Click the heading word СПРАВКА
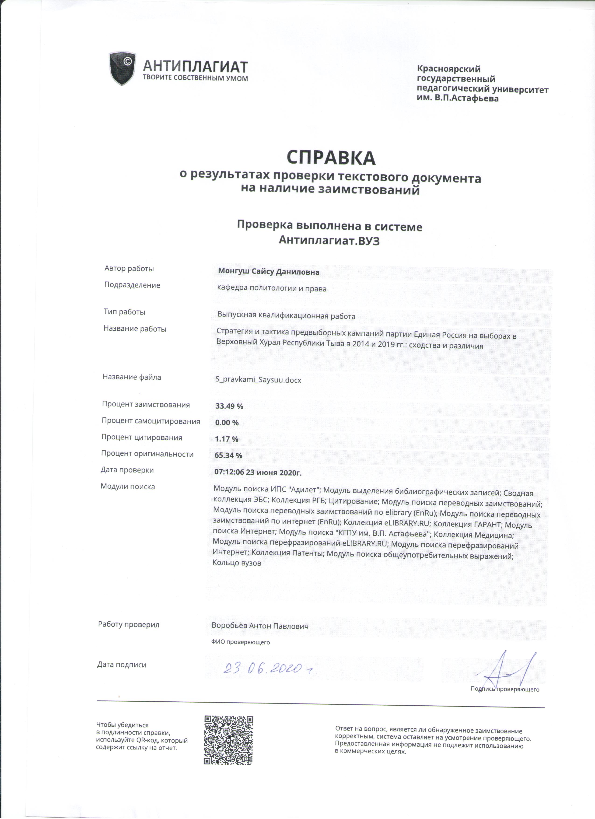tap(331, 158)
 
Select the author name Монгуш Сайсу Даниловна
tap(269, 272)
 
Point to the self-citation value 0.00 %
tap(227, 423)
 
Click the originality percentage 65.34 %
tap(228, 455)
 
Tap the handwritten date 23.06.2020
tap(267, 669)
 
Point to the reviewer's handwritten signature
tap(509, 670)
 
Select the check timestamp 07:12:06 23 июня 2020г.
tap(258, 472)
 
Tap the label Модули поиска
tap(128, 486)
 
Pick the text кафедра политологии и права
tap(272, 289)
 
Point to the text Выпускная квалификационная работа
tap(286, 316)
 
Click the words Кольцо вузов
tap(237, 573)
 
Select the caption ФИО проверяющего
tap(241, 642)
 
